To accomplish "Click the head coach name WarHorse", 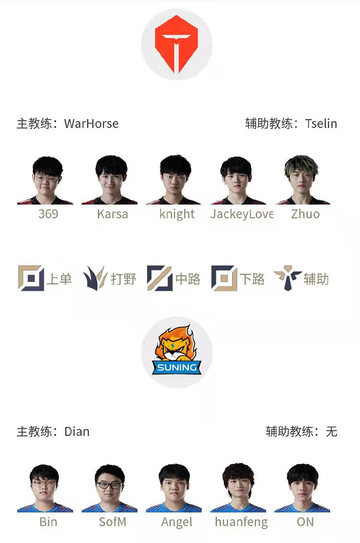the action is (x=92, y=123).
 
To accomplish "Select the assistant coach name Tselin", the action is (x=321, y=123).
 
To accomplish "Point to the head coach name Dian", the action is (x=77, y=432).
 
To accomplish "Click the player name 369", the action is (x=48, y=214).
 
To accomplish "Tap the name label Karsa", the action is (x=113, y=214).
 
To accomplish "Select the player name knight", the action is (x=177, y=214).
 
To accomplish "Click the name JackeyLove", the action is (x=242, y=214).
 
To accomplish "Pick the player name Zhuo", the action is (x=305, y=214).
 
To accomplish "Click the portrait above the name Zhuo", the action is (x=302, y=180).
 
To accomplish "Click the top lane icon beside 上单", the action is (x=31, y=278).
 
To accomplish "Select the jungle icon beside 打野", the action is (x=95, y=278).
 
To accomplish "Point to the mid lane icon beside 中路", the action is (x=160, y=278).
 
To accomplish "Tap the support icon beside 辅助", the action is (x=287, y=278).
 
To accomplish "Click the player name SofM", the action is (x=113, y=522).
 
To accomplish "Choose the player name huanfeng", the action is (x=242, y=522).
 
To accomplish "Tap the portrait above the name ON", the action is (x=302, y=488).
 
